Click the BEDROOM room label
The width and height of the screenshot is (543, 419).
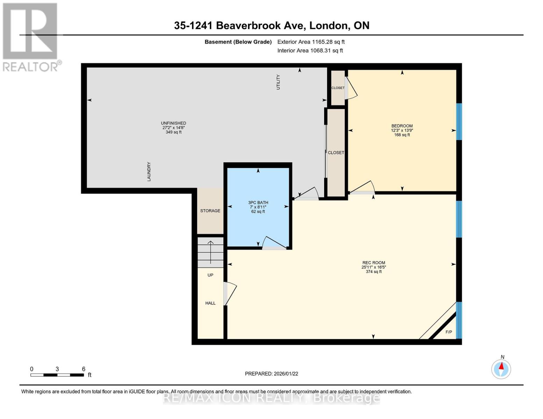click(x=402, y=126)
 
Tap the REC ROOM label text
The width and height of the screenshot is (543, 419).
click(x=373, y=263)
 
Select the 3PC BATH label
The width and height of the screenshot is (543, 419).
click(x=258, y=203)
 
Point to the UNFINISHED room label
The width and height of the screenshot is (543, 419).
click(x=173, y=123)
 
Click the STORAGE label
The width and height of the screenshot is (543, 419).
click(x=210, y=211)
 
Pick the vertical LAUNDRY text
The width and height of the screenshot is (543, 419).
click(x=149, y=171)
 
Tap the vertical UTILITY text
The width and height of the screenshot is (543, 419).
click(x=278, y=82)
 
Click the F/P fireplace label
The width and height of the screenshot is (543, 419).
click(x=449, y=332)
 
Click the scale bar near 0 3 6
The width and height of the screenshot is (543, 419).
click(x=57, y=375)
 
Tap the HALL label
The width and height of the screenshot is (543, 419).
click(x=210, y=303)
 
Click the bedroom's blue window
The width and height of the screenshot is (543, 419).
click(x=459, y=122)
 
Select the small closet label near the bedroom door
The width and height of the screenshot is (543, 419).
click(x=338, y=88)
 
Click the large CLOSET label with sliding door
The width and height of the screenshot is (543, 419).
click(x=336, y=153)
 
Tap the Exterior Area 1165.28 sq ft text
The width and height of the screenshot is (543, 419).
click(x=311, y=42)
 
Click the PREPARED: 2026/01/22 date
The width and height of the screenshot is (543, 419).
click(x=271, y=374)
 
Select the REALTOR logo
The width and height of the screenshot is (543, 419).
click(x=31, y=37)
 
